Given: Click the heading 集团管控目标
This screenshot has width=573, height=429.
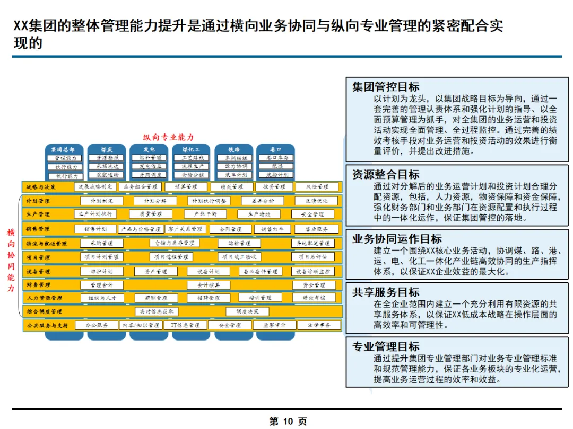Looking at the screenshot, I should pos(386,87).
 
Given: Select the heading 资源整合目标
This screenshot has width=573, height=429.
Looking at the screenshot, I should pos(386,174).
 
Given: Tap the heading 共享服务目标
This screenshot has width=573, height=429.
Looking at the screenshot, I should pos(386,292).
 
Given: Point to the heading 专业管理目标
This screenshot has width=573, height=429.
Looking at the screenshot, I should pos(386,346).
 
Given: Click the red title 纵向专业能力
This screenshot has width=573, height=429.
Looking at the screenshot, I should pos(169,137).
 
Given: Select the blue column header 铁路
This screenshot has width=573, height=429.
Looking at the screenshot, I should pos(234,150).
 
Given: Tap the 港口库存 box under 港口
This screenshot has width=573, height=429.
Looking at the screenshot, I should pos(276,158).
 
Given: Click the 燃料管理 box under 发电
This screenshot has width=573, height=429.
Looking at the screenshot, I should pos(150,158).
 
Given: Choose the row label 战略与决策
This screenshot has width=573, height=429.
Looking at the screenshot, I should pos(41,187).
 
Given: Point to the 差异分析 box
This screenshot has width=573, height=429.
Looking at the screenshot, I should pos(262,201).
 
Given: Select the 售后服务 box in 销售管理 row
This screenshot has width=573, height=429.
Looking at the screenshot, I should pos(317,229).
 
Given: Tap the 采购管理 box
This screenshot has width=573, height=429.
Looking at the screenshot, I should pos(102,243).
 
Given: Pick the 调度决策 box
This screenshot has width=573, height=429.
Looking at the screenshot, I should pos(247,311).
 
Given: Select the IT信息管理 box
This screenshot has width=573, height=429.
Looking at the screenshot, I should pos(182,325).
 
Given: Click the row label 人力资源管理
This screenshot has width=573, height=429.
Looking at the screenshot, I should pos(45,298).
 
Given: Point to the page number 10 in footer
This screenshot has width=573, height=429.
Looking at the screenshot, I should pos(288,422).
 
